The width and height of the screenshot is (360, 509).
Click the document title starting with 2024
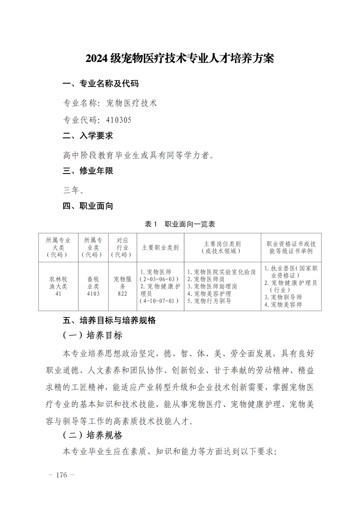(x=180, y=58)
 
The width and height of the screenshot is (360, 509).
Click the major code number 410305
(x=119, y=120)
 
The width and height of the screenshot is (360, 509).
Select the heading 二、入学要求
(x=88, y=136)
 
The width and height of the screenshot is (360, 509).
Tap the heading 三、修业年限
(x=88, y=171)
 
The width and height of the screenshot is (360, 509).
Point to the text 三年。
(x=74, y=190)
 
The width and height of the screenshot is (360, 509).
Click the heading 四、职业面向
(x=88, y=206)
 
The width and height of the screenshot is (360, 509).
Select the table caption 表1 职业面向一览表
(x=180, y=224)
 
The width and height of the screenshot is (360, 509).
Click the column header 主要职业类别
(x=160, y=248)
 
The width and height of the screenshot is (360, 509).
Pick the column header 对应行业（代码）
(x=122, y=248)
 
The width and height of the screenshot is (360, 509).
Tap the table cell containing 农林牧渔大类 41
(x=58, y=287)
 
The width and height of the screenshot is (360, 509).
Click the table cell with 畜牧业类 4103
(x=93, y=287)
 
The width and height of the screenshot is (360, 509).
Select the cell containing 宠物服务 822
(x=122, y=287)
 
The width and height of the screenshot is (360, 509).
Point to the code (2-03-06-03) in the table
(x=159, y=279)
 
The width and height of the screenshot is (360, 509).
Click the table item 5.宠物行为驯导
(x=209, y=301)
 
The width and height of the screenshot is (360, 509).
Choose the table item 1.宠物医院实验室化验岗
(x=221, y=272)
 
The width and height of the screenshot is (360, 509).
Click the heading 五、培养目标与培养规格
(x=109, y=320)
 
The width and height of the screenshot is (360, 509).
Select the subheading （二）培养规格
(x=93, y=435)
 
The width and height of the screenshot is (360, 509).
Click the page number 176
(x=62, y=475)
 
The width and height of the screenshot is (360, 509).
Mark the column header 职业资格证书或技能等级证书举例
(x=291, y=248)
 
